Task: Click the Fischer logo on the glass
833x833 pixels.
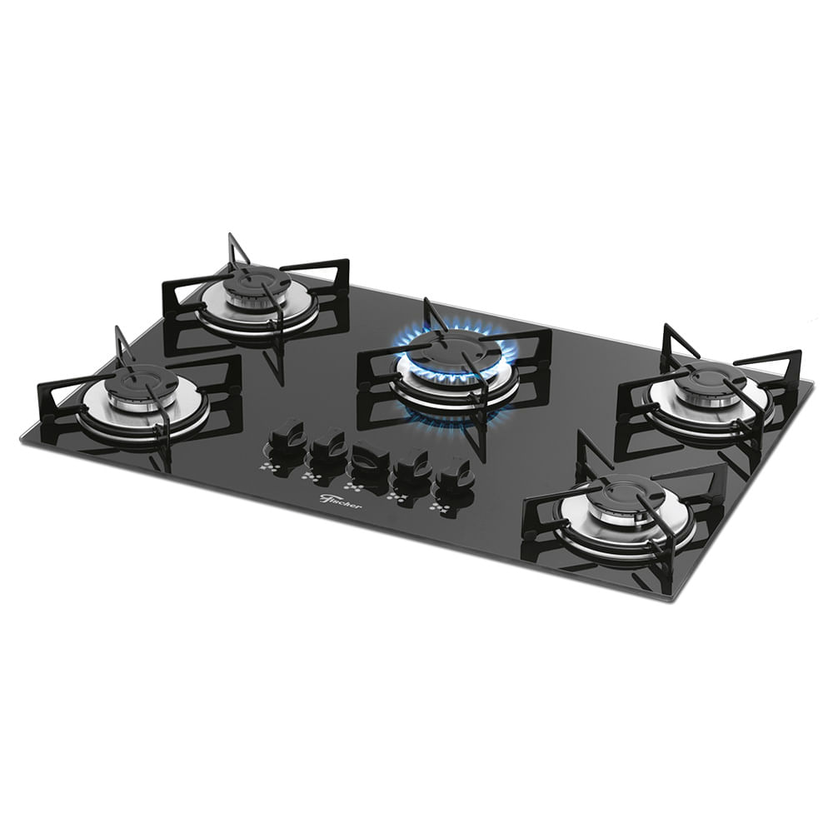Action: click(341, 501)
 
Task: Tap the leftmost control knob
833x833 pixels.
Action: click(286, 434)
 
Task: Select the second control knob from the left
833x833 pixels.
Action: click(327, 446)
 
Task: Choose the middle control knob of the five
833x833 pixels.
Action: click(371, 456)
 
